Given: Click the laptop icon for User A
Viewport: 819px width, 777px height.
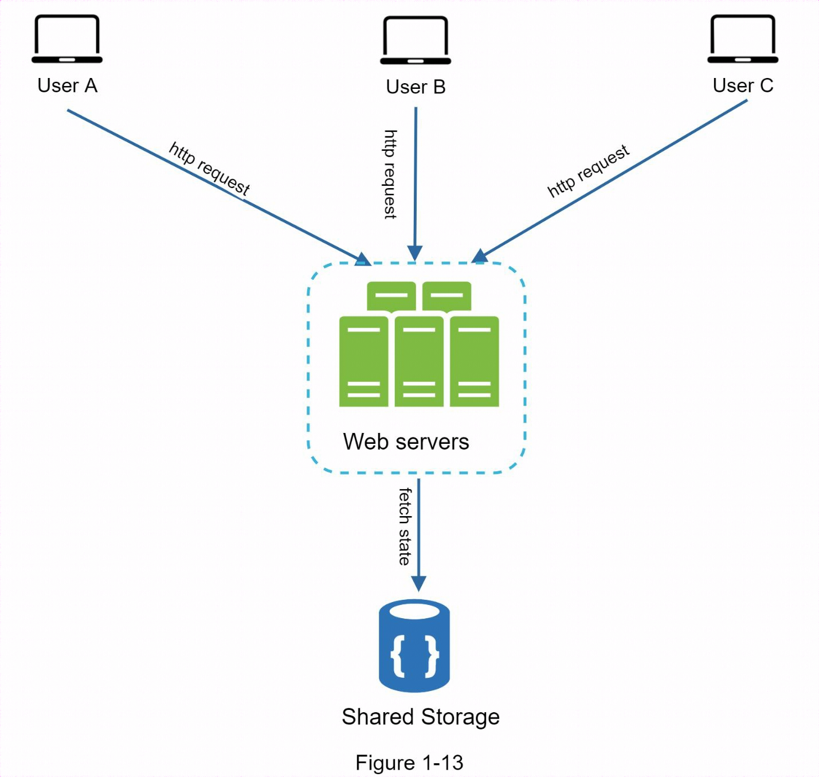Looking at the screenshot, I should click(66, 39).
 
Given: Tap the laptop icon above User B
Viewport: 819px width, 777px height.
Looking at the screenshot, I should click(416, 40).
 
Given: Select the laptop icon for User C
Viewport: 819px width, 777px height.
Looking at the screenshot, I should click(743, 39).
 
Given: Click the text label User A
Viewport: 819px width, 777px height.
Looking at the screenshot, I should click(67, 85).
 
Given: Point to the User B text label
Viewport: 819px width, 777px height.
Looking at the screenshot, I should click(416, 87).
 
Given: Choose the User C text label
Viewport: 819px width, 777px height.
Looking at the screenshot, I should click(743, 85).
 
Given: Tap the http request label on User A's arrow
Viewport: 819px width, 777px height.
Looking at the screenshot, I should click(210, 169).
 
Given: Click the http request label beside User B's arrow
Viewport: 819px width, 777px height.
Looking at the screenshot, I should click(390, 174).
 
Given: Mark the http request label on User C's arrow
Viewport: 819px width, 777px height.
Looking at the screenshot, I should click(589, 171).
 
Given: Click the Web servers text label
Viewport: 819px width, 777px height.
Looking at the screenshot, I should click(406, 442).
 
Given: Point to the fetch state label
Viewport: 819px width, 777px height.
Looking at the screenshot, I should click(405, 526).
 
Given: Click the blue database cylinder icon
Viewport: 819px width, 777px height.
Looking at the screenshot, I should click(414, 645).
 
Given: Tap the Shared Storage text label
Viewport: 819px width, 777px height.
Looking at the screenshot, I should click(421, 717).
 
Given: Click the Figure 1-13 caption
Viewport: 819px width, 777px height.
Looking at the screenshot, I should click(409, 763).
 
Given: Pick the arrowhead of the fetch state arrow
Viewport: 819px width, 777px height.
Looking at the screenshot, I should click(419, 583).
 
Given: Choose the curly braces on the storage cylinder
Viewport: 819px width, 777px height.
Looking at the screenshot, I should click(414, 655).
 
